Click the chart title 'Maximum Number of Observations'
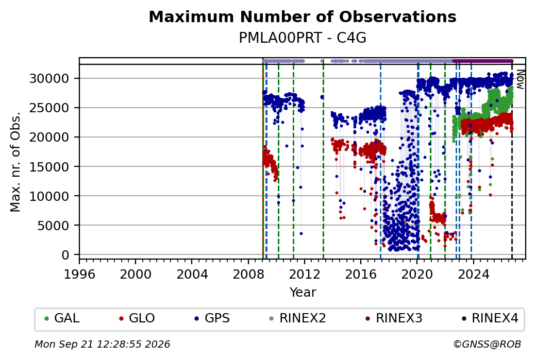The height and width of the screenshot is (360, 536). click(x=303, y=16)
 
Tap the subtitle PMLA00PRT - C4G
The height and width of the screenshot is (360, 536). click(x=303, y=38)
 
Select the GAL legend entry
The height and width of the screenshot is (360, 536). click(x=62, y=318)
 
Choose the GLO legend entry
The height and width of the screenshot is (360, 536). click(x=137, y=318)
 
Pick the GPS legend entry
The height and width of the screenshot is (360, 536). click(x=212, y=318)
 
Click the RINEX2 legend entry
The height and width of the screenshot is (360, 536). click(x=297, y=318)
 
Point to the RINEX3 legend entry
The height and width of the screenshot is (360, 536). click(x=394, y=318)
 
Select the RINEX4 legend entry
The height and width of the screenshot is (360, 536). click(x=490, y=318)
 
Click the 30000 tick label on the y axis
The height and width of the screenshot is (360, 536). click(x=49, y=79)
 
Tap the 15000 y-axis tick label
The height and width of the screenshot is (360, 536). click(x=49, y=167)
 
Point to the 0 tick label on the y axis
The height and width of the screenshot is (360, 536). click(x=65, y=255)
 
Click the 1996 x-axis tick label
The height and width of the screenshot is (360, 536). click(x=79, y=274)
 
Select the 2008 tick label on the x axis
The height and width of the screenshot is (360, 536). click(x=248, y=274)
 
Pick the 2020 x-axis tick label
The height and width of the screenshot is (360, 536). click(x=417, y=274)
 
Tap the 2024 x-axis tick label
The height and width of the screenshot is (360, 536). click(x=473, y=274)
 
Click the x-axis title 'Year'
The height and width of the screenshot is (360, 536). click(x=303, y=293)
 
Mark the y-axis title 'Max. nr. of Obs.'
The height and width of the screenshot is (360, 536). click(x=15, y=162)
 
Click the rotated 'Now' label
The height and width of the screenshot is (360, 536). click(x=520, y=79)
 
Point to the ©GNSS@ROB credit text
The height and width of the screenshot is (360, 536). click(x=487, y=344)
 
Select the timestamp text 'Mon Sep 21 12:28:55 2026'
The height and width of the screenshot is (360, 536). click(x=102, y=344)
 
